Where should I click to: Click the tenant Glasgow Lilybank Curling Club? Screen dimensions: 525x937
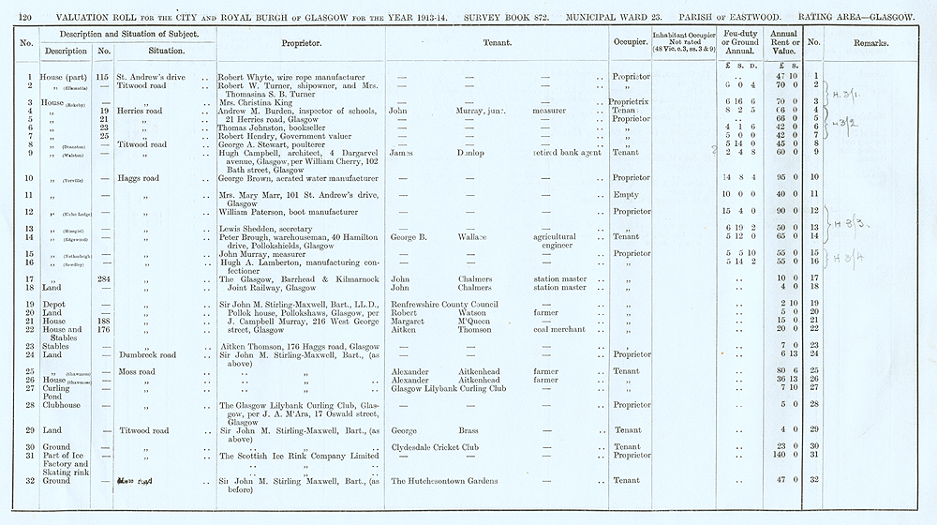coord(448,388)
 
